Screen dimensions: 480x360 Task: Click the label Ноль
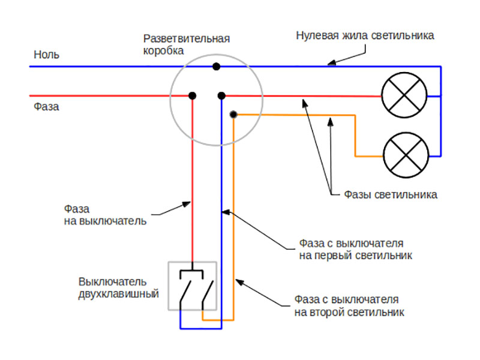click(x=46, y=55)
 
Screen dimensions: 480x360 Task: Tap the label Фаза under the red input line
click(x=46, y=107)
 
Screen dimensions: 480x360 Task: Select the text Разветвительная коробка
click(x=187, y=44)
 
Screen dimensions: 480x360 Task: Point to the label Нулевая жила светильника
click(x=365, y=35)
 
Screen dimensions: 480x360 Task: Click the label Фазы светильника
click(x=391, y=194)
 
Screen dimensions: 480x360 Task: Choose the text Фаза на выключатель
click(x=105, y=215)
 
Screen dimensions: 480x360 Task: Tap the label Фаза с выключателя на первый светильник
click(x=355, y=249)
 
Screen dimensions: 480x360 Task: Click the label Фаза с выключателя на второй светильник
click(x=349, y=306)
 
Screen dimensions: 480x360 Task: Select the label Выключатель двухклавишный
click(x=118, y=287)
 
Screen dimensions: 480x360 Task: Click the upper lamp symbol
click(x=404, y=95)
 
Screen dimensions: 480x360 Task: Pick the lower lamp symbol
click(x=406, y=155)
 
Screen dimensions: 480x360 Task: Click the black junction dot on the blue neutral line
click(x=217, y=67)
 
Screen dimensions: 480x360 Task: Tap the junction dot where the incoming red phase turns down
click(x=192, y=96)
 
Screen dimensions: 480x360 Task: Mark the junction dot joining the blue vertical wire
click(x=221, y=96)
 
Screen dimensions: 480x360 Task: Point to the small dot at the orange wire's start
click(x=233, y=115)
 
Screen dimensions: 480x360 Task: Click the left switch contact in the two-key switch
click(x=185, y=291)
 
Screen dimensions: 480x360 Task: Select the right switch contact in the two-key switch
click(x=208, y=291)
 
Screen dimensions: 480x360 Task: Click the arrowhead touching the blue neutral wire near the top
click(x=332, y=62)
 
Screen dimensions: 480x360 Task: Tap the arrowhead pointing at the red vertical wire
click(x=187, y=204)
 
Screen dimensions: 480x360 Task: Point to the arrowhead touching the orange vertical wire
click(x=239, y=282)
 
